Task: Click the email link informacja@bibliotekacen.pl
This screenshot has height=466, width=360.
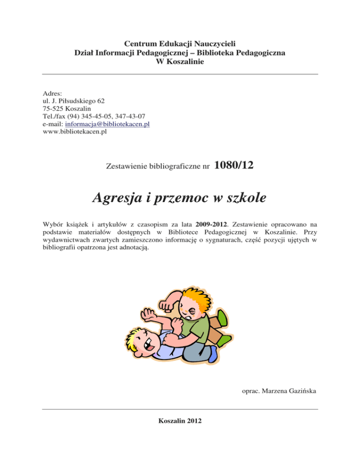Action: [x=107, y=124]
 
